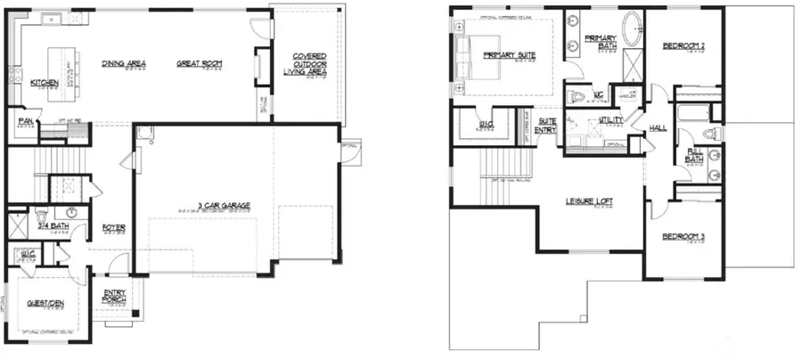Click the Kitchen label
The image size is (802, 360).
pos(45,83)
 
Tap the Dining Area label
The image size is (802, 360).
pos(124,63)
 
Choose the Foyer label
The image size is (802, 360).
pos(113,227)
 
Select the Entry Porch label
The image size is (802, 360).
pos(115,296)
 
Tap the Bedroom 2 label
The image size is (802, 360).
pos(683,45)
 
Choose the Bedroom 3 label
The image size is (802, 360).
pos(683,236)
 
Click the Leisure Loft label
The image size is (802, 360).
pos(589,200)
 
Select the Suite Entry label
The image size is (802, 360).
pos(546,126)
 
